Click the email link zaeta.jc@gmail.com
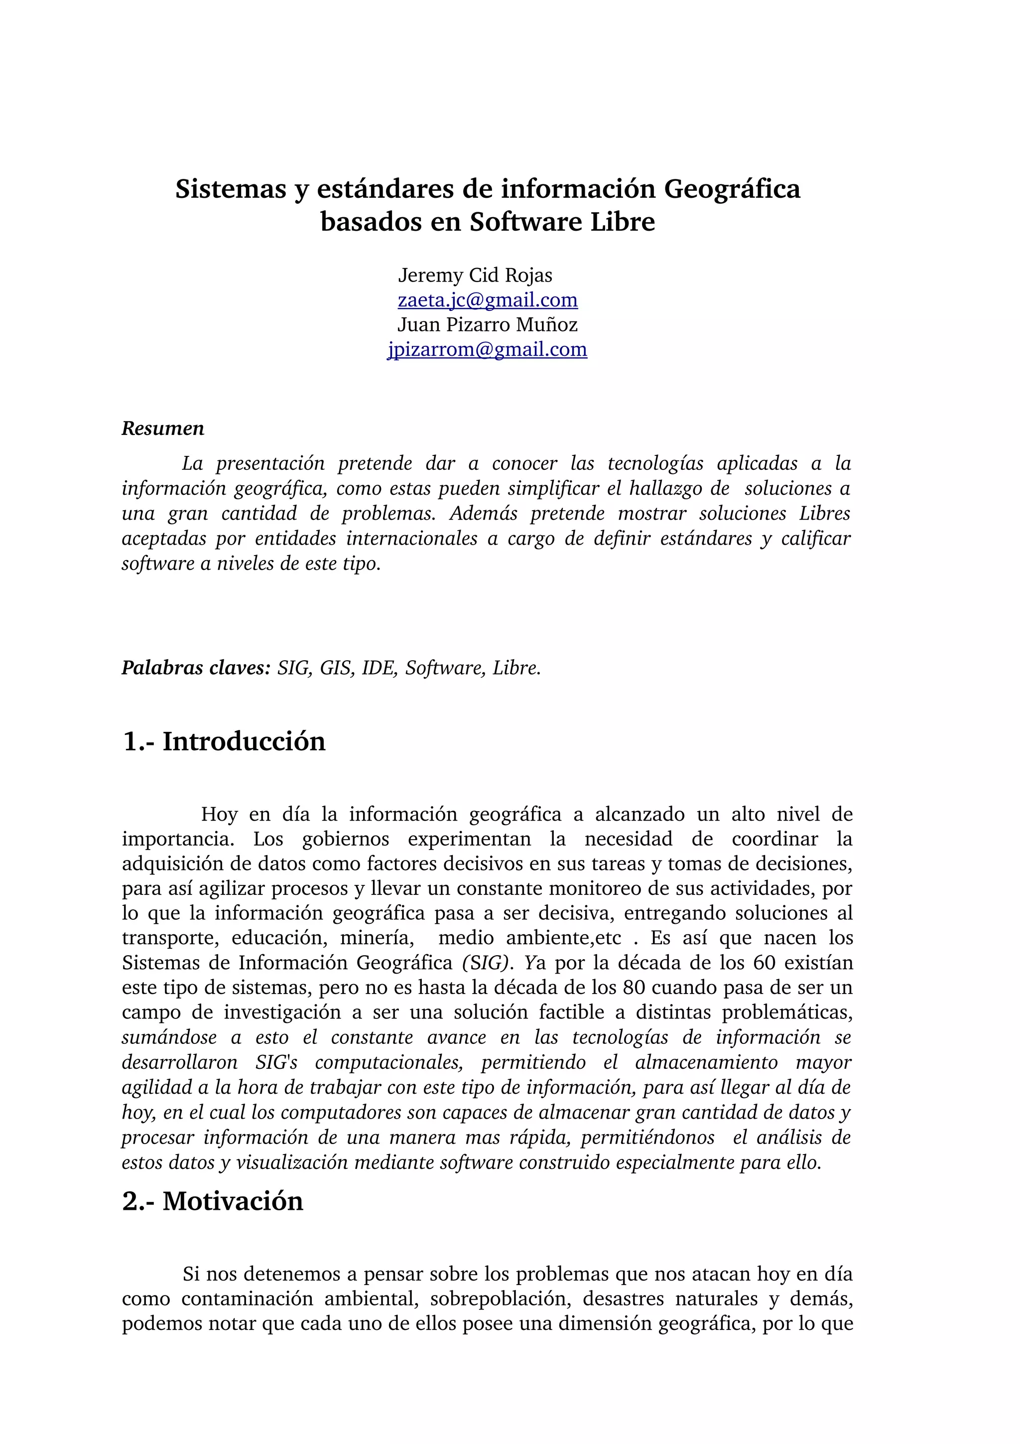click(488, 300)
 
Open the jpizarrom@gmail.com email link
click(487, 350)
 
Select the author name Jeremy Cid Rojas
click(475, 276)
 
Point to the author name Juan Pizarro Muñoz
click(487, 325)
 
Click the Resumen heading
click(163, 429)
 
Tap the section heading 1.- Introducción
click(224, 741)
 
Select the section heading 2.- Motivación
click(213, 1201)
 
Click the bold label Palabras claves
click(195, 668)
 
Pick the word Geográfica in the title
click(732, 189)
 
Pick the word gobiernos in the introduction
click(345, 839)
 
